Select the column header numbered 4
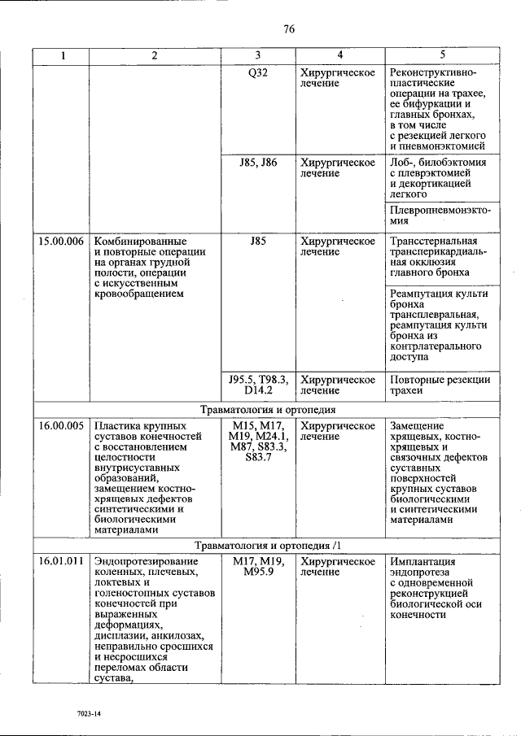[340, 55]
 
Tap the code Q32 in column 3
[258, 72]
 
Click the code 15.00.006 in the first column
[61, 242]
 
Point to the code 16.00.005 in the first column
[61, 425]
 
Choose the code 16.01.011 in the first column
[61, 562]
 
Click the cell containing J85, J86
[258, 163]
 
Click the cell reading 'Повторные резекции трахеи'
[440, 385]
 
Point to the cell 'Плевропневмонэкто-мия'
[440, 215]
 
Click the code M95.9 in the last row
[258, 573]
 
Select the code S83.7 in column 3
[258, 457]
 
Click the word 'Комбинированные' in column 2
[140, 242]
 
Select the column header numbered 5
[442, 55]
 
